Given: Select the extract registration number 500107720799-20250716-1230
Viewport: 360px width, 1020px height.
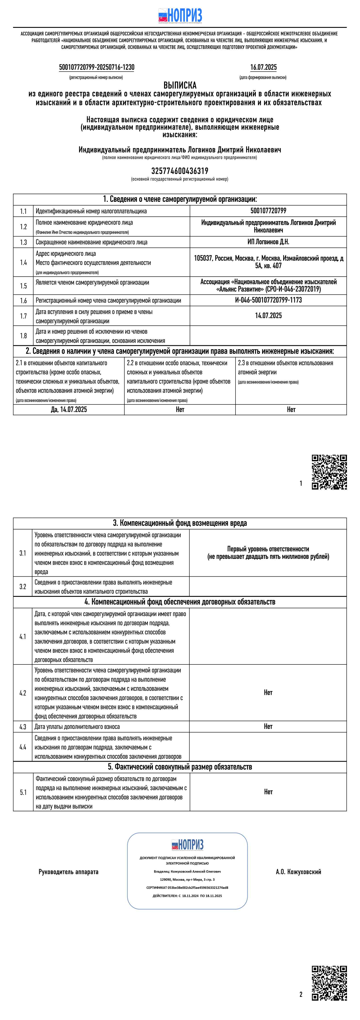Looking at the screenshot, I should (x=97, y=67).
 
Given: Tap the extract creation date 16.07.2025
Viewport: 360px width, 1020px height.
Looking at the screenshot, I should (x=263, y=67).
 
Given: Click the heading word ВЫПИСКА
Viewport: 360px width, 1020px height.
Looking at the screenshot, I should (x=180, y=85).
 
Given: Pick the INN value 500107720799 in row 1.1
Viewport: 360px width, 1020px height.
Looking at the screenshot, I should (x=268, y=211).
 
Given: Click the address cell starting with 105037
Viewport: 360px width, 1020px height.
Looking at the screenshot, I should (x=268, y=262).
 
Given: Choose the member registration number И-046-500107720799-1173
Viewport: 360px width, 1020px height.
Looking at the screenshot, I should (x=268, y=300).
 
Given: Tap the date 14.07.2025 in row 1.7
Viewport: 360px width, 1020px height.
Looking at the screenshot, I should (x=268, y=315).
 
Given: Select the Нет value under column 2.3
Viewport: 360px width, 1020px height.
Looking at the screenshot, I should (x=291, y=409).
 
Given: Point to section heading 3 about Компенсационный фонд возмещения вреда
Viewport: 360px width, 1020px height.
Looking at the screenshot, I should (x=180, y=523).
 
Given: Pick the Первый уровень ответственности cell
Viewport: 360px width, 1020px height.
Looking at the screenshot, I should (x=268, y=553).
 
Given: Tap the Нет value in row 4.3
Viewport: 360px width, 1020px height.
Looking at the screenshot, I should (x=268, y=726).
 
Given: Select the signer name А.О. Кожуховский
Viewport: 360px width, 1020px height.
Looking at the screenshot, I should (x=298, y=872).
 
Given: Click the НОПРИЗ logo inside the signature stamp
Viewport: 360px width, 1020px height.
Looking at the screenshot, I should (x=187, y=845).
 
